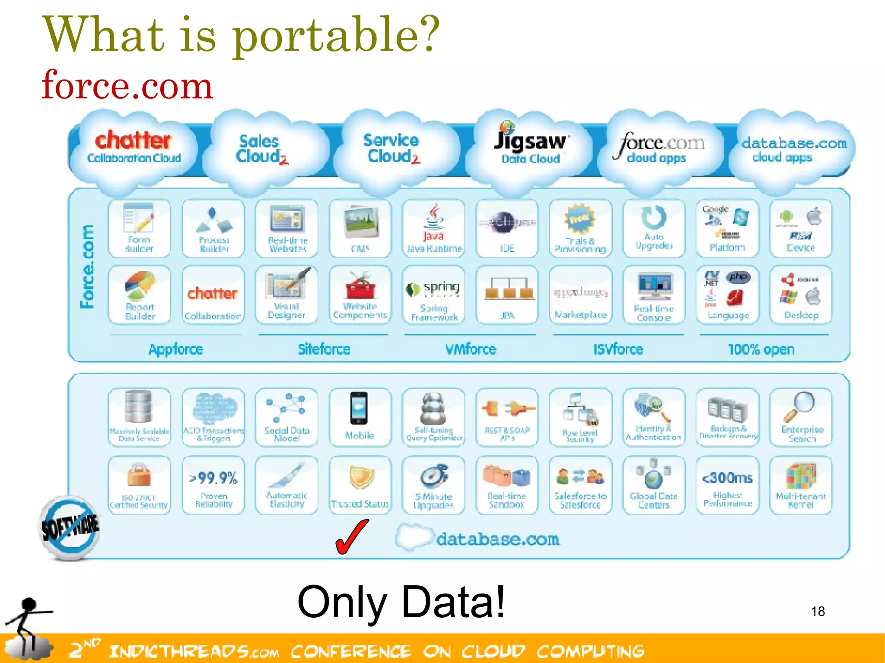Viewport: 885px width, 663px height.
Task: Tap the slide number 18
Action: coord(818,611)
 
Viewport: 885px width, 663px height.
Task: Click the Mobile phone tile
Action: coord(360,417)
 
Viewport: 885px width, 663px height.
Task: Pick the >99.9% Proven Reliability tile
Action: coord(213,485)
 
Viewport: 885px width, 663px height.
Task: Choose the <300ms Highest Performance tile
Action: coord(728,485)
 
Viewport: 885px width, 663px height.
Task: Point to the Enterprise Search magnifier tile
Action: coord(801,417)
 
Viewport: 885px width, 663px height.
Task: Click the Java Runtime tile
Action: coord(433,228)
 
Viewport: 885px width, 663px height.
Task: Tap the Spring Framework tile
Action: coord(433,295)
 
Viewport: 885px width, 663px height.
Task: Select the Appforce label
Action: coord(175,349)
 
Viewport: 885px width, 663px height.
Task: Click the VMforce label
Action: coord(471,349)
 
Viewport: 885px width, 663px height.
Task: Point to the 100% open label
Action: coord(761,349)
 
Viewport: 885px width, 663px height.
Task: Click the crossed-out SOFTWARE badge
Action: coord(69,527)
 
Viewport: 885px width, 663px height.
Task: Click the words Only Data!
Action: coord(401,602)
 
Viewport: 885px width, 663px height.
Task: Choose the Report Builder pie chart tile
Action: coord(140,295)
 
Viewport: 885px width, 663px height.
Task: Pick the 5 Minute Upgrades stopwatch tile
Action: coord(433,485)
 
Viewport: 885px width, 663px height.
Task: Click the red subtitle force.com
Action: coord(127,85)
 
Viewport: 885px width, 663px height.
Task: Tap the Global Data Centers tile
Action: coord(654,485)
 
